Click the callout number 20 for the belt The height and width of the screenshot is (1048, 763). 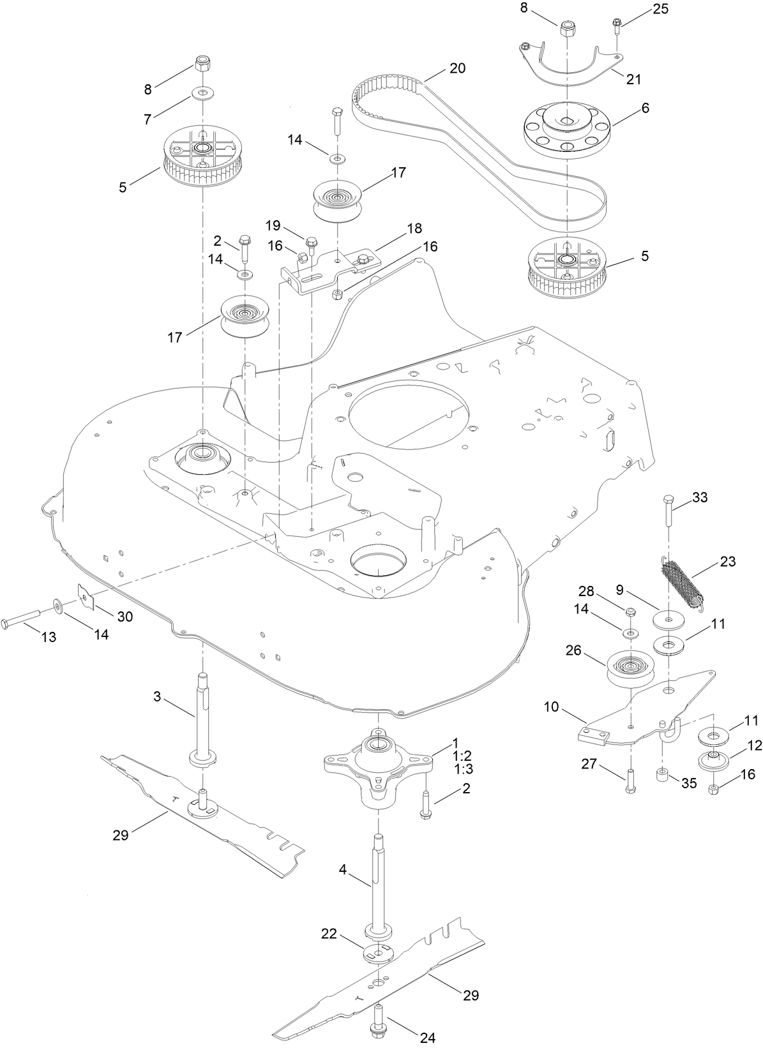[x=458, y=68]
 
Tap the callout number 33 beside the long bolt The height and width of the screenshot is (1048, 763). [x=700, y=497]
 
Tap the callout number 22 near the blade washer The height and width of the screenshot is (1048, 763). [x=329, y=933]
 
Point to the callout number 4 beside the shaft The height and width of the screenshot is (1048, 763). [x=343, y=869]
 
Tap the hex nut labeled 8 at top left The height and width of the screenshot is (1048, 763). [x=203, y=64]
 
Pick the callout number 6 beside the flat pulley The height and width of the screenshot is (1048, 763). [x=645, y=108]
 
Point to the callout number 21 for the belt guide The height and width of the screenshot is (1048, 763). [x=633, y=79]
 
